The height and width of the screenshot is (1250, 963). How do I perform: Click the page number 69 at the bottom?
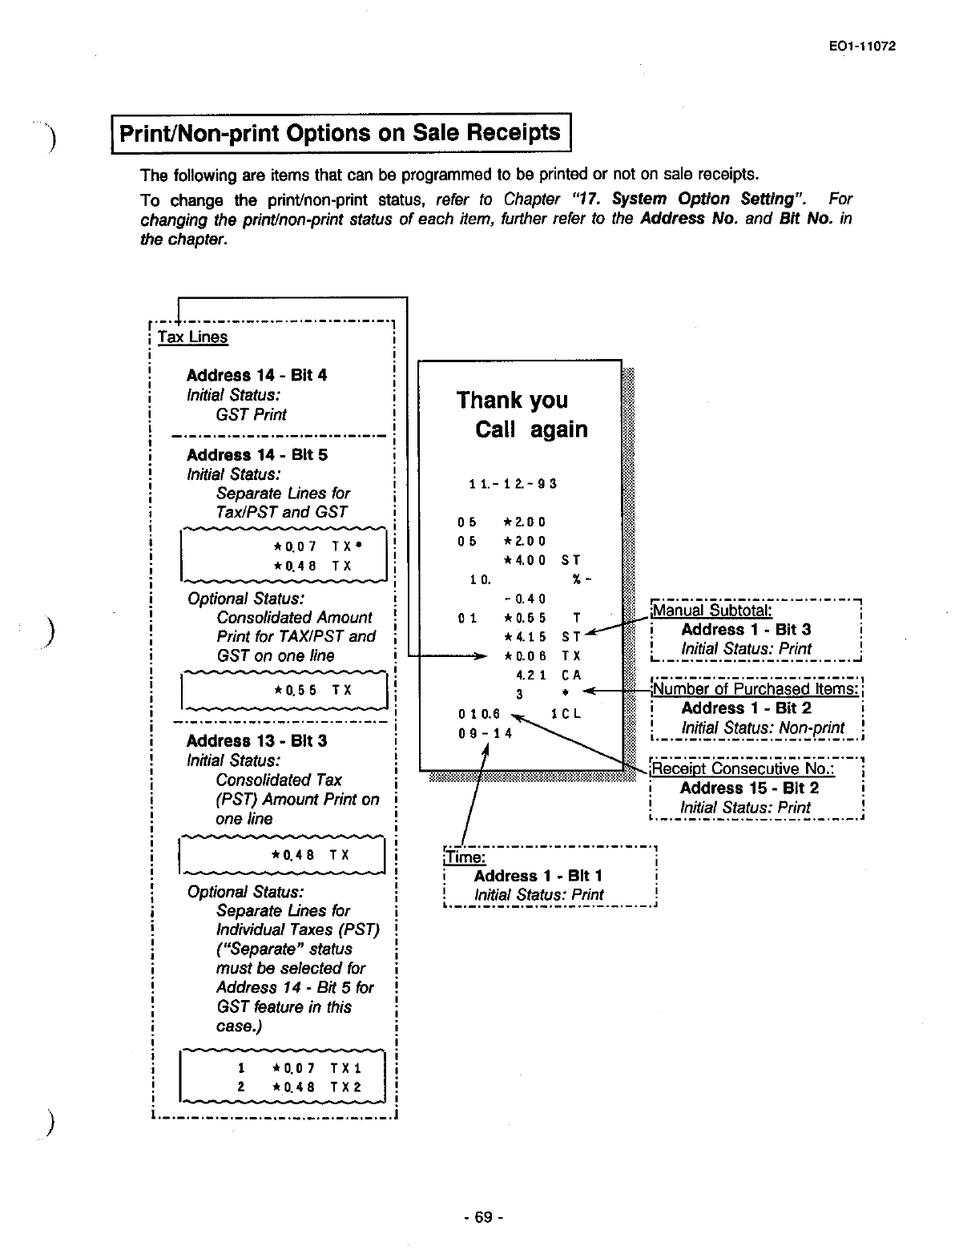(x=482, y=1217)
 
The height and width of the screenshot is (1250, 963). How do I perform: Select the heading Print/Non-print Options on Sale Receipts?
(x=340, y=132)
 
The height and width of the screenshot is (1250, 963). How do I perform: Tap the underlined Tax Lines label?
(x=192, y=337)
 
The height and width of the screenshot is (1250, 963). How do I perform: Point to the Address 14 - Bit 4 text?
(x=256, y=375)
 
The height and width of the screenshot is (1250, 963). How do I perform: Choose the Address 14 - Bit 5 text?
(x=256, y=454)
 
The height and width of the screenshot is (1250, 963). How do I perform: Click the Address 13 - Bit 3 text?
(x=256, y=740)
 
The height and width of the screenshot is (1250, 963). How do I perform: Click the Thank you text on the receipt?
(x=512, y=400)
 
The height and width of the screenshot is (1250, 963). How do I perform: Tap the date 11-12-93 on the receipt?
(x=513, y=483)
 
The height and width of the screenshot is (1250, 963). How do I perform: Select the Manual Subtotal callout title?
(x=712, y=611)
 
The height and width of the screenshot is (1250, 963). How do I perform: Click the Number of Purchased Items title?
(x=755, y=689)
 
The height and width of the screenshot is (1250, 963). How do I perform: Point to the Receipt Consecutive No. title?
(x=743, y=769)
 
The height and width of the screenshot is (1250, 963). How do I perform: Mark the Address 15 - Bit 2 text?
(x=749, y=788)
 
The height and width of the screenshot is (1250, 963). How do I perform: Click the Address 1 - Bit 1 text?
(x=538, y=876)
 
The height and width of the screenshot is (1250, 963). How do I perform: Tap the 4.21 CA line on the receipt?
(x=548, y=675)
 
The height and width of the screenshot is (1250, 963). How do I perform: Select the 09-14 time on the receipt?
(x=484, y=732)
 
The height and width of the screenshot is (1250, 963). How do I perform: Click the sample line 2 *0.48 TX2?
(x=300, y=1087)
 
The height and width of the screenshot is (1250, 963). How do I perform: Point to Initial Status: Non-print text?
(x=763, y=728)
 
